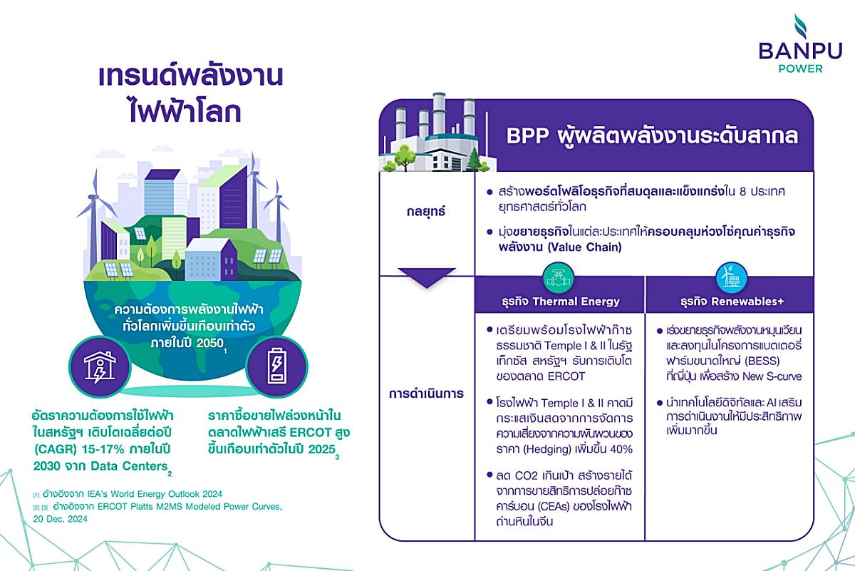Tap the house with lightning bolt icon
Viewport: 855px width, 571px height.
(x=100, y=367)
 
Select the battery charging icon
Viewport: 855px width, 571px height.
(x=276, y=366)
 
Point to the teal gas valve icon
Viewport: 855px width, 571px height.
(x=559, y=278)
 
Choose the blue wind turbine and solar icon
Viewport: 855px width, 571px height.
(x=730, y=277)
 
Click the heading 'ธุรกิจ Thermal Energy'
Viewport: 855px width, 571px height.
(x=561, y=302)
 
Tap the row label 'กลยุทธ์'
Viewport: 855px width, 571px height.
(x=426, y=211)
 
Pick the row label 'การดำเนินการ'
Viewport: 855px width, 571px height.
(x=426, y=393)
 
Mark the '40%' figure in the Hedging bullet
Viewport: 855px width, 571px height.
(x=621, y=449)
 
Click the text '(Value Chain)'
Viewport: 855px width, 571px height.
(x=585, y=247)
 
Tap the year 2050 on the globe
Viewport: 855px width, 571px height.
(x=210, y=343)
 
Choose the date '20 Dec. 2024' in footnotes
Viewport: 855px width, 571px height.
(x=61, y=519)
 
